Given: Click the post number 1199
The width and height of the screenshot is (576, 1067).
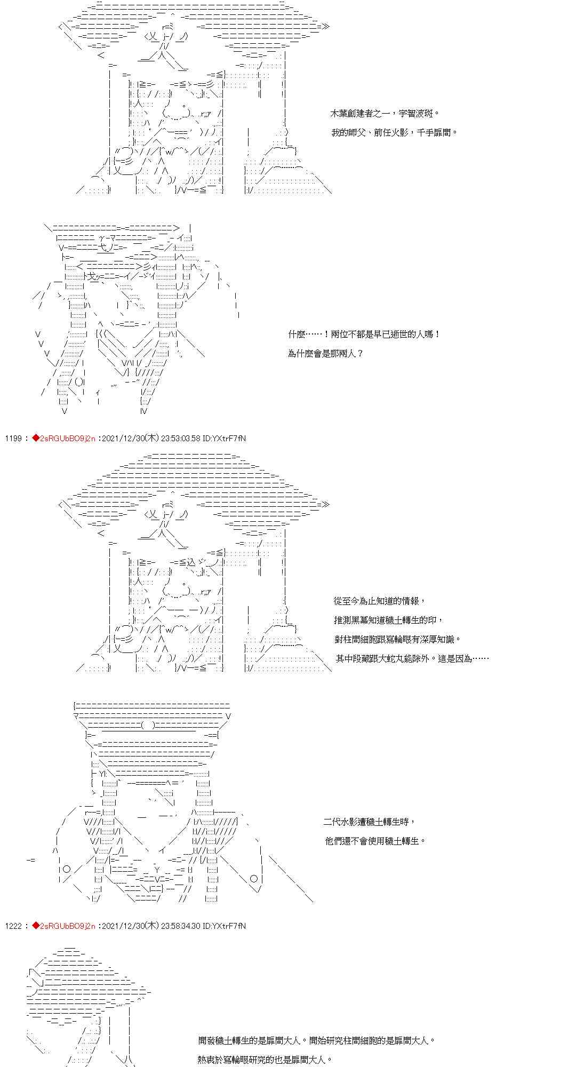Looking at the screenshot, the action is tap(13, 439).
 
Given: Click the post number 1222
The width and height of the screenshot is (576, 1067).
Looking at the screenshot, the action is tap(13, 926).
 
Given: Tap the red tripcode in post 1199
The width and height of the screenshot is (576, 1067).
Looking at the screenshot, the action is tap(63, 439).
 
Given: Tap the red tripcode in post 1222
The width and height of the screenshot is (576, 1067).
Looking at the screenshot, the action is tap(63, 926).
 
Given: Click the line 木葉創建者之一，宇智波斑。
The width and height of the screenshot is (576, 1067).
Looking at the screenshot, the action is tap(385, 114).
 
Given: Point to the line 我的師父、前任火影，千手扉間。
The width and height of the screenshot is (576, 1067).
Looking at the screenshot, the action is tap(394, 132).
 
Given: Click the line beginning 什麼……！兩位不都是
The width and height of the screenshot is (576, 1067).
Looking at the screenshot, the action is tap(364, 335).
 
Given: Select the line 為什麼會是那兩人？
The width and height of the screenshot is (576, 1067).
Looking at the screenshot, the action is tap(325, 353).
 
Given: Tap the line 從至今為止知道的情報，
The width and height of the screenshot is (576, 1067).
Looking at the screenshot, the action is tap(379, 601).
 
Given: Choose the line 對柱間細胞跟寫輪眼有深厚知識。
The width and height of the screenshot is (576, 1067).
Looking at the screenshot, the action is tap(397, 639).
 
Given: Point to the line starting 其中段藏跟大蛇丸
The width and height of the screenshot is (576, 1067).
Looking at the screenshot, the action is tap(412, 658).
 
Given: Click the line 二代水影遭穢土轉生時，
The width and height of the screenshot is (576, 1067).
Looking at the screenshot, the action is tap(369, 822).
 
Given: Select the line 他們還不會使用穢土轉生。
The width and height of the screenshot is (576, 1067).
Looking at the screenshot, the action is tap(376, 841).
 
